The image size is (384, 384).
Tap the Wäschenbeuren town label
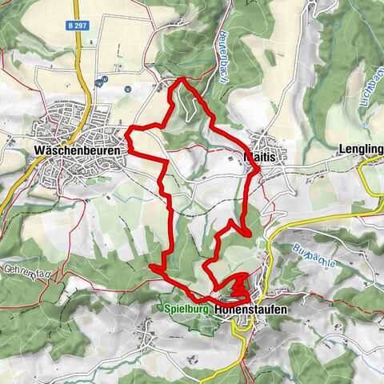(x=78, y=150)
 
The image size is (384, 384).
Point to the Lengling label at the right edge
(x=362, y=150)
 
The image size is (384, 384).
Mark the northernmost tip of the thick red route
(x=182, y=78)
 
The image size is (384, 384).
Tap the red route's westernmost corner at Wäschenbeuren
(x=130, y=128)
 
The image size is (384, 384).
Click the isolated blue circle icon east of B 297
(x=127, y=90)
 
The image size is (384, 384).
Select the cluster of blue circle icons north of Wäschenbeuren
(x=101, y=81)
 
